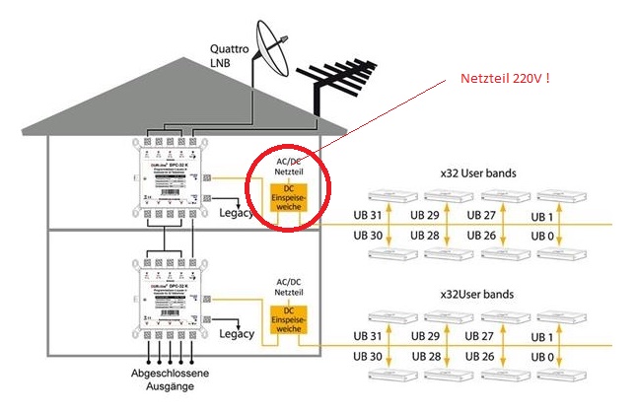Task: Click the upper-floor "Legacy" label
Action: tap(238, 213)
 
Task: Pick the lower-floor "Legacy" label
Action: tap(237, 335)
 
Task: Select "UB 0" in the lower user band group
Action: tap(544, 357)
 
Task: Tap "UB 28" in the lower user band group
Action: tap(426, 357)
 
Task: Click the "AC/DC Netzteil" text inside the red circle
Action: tap(290, 165)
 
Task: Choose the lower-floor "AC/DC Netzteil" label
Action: tap(289, 287)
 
